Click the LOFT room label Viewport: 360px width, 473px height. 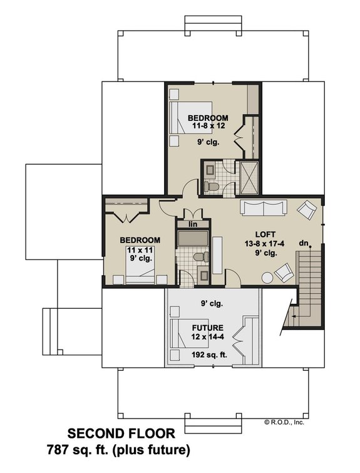click(262, 230)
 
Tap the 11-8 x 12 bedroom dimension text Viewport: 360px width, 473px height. click(207, 126)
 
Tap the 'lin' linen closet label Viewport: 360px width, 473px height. click(186, 224)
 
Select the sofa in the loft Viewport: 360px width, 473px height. click(263, 208)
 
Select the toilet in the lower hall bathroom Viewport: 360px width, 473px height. click(198, 257)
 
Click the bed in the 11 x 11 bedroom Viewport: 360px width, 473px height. click(141, 272)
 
